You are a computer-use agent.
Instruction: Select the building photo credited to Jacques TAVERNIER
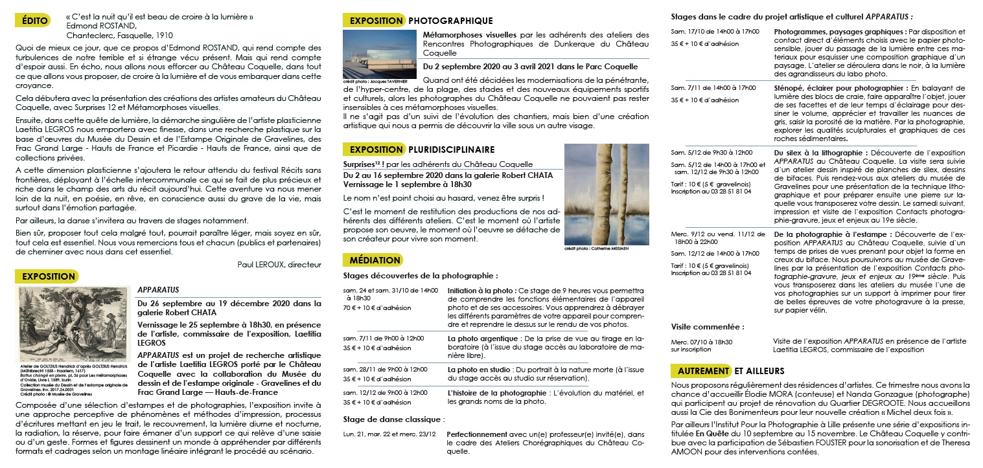[x=380, y=54]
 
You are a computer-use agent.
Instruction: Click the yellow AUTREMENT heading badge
[x=702, y=371]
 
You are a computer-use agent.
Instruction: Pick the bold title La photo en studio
[x=475, y=369]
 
